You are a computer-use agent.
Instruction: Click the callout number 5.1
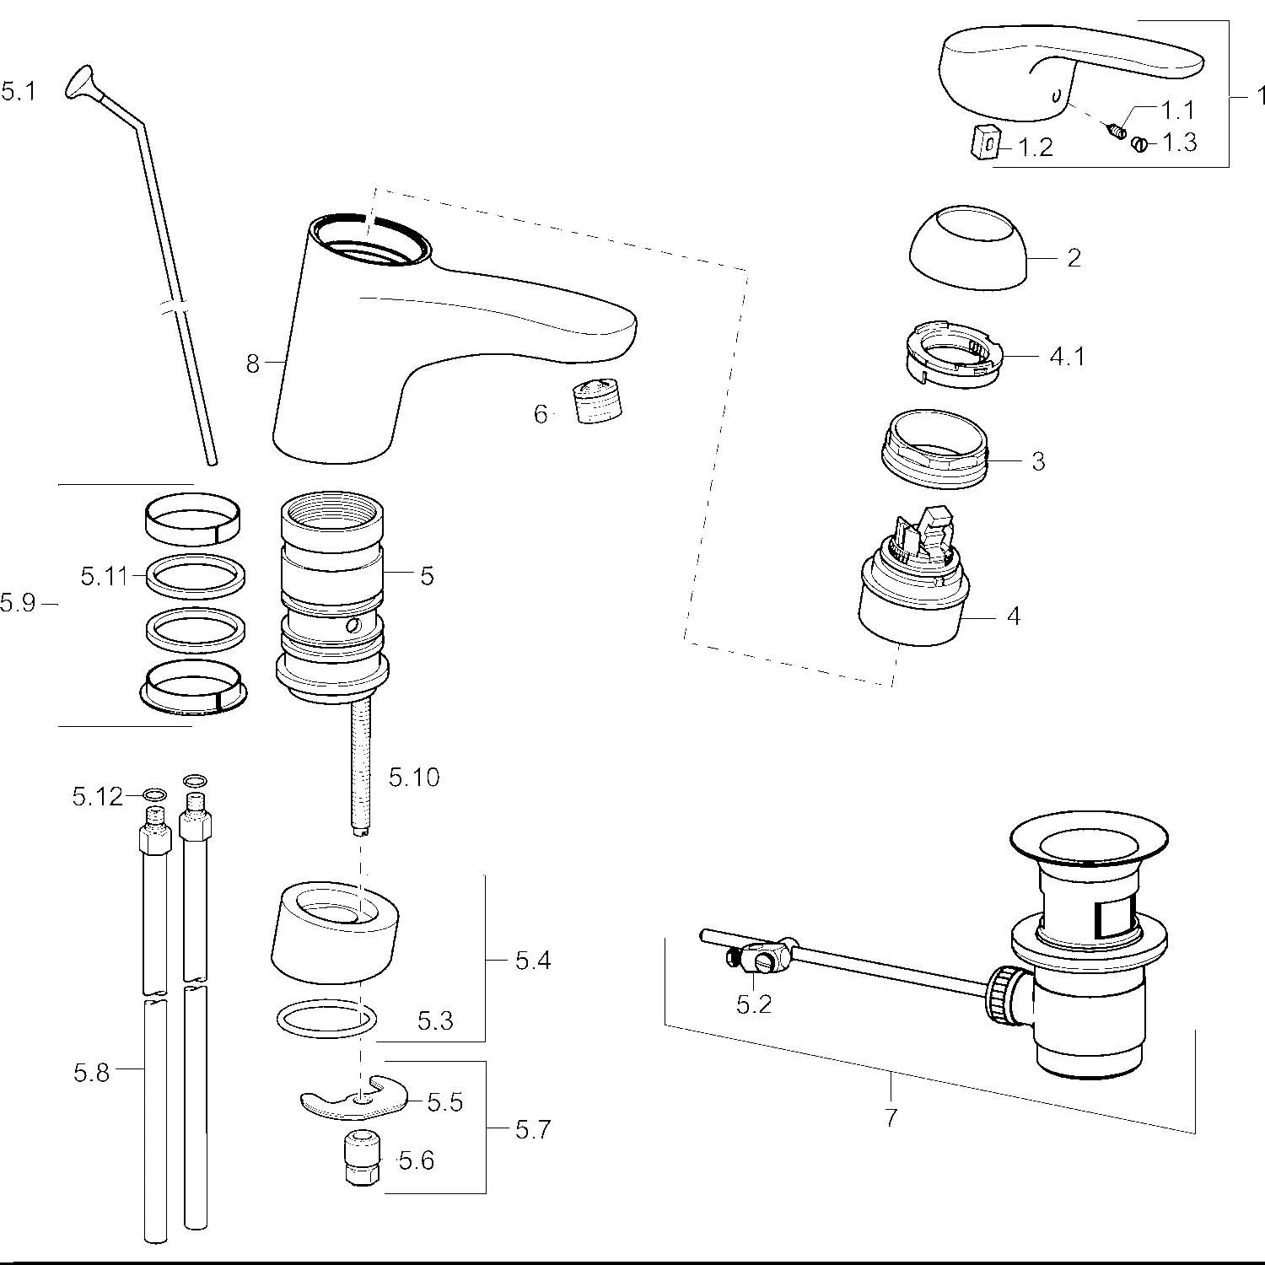point(19,91)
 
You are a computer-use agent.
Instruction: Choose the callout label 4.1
point(1067,357)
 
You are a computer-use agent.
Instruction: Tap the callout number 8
point(253,364)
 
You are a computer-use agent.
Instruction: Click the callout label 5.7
point(533,1129)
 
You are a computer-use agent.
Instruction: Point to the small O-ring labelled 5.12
point(155,795)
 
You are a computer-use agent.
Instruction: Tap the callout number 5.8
point(91,1073)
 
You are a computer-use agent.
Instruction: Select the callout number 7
point(891,1118)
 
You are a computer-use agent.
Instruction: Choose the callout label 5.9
point(19,603)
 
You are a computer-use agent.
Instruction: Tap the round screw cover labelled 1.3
point(1139,144)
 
